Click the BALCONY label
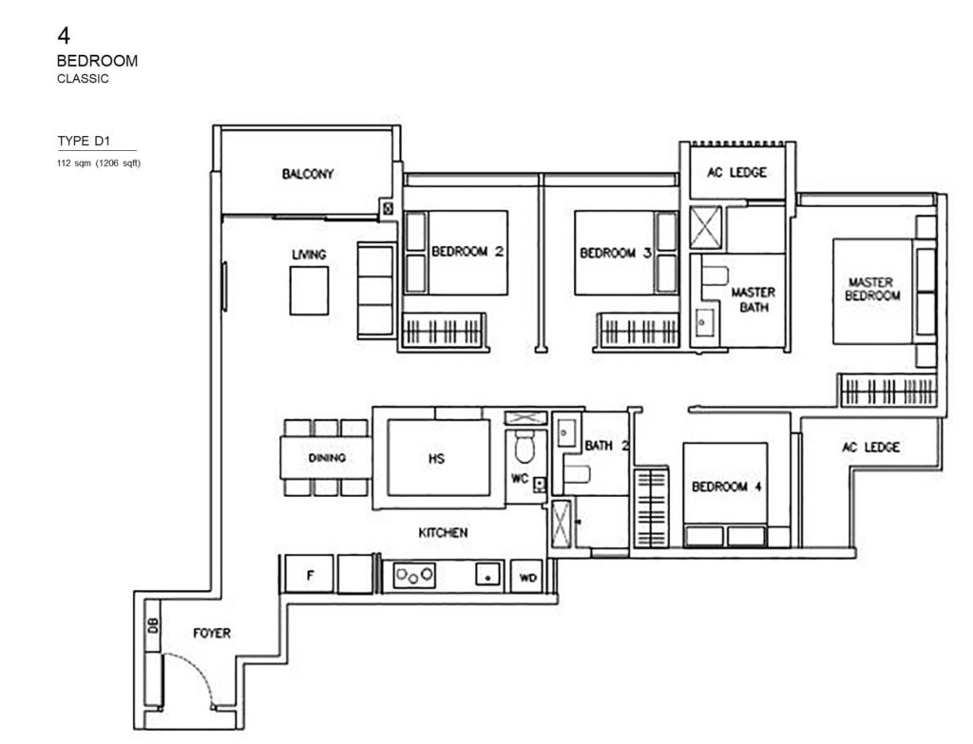point(308,174)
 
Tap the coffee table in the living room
point(309,290)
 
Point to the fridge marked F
point(310,575)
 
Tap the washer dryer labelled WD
point(525,576)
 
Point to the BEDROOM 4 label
point(727,486)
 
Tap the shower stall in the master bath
point(707,227)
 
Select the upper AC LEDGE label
point(735,173)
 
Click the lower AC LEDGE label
point(870,447)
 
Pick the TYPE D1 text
point(84,142)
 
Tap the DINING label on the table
point(327,458)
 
